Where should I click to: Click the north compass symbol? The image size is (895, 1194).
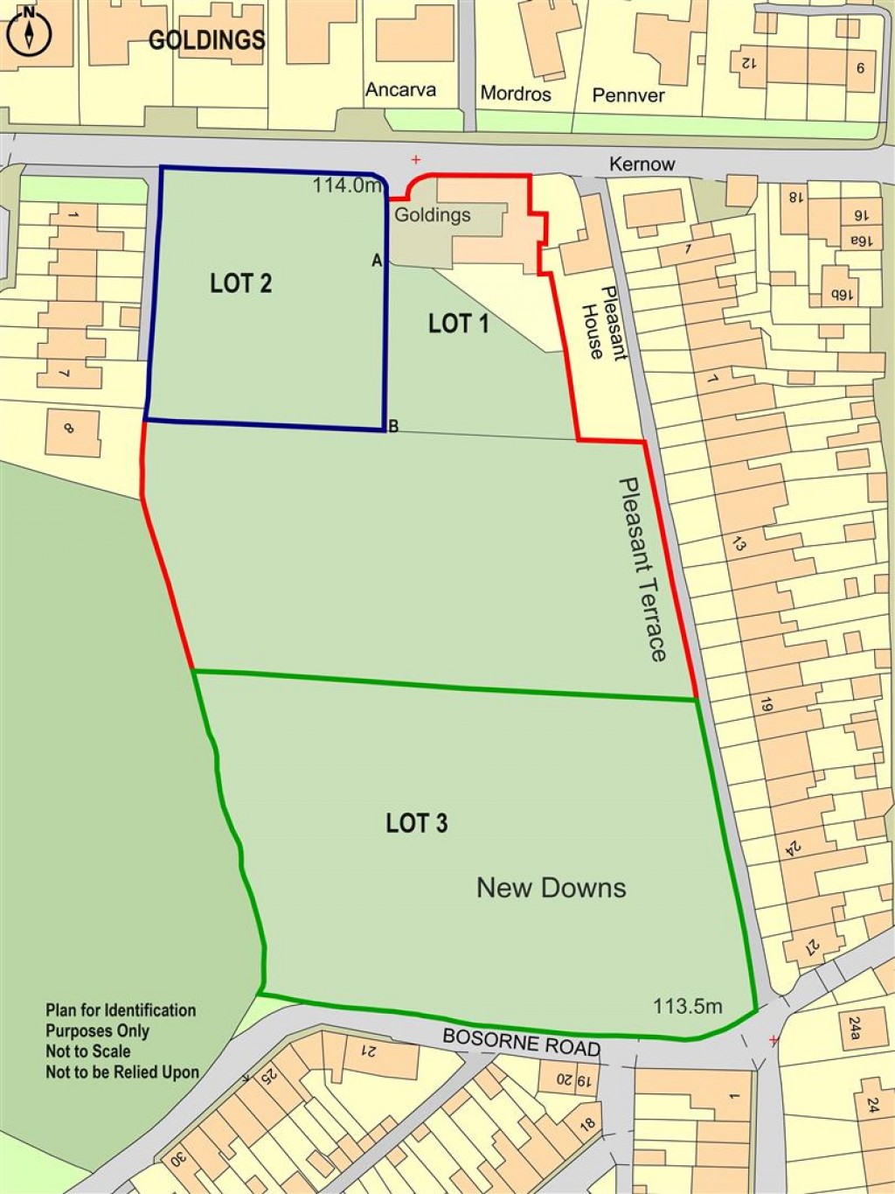[30, 33]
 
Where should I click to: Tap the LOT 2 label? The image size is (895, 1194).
[240, 283]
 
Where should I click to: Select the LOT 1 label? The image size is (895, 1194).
[458, 325]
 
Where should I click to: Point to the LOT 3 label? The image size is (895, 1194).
[417, 823]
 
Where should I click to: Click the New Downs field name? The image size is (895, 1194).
[551, 888]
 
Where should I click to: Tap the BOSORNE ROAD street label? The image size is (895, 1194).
[521, 1042]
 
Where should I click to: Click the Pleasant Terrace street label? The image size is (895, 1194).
[643, 569]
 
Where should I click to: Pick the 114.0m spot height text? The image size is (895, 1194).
[347, 185]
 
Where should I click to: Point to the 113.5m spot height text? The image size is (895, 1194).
[688, 1006]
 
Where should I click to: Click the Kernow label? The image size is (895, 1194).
[642, 164]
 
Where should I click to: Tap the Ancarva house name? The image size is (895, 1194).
[400, 90]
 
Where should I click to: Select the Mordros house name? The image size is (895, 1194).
[516, 94]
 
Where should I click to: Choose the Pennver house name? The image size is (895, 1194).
[628, 95]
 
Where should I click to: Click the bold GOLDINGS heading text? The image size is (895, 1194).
[206, 39]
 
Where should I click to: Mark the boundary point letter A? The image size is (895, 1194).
[377, 261]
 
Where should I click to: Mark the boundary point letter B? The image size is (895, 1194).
[393, 426]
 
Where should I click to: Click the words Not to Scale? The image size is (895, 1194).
[88, 1051]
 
